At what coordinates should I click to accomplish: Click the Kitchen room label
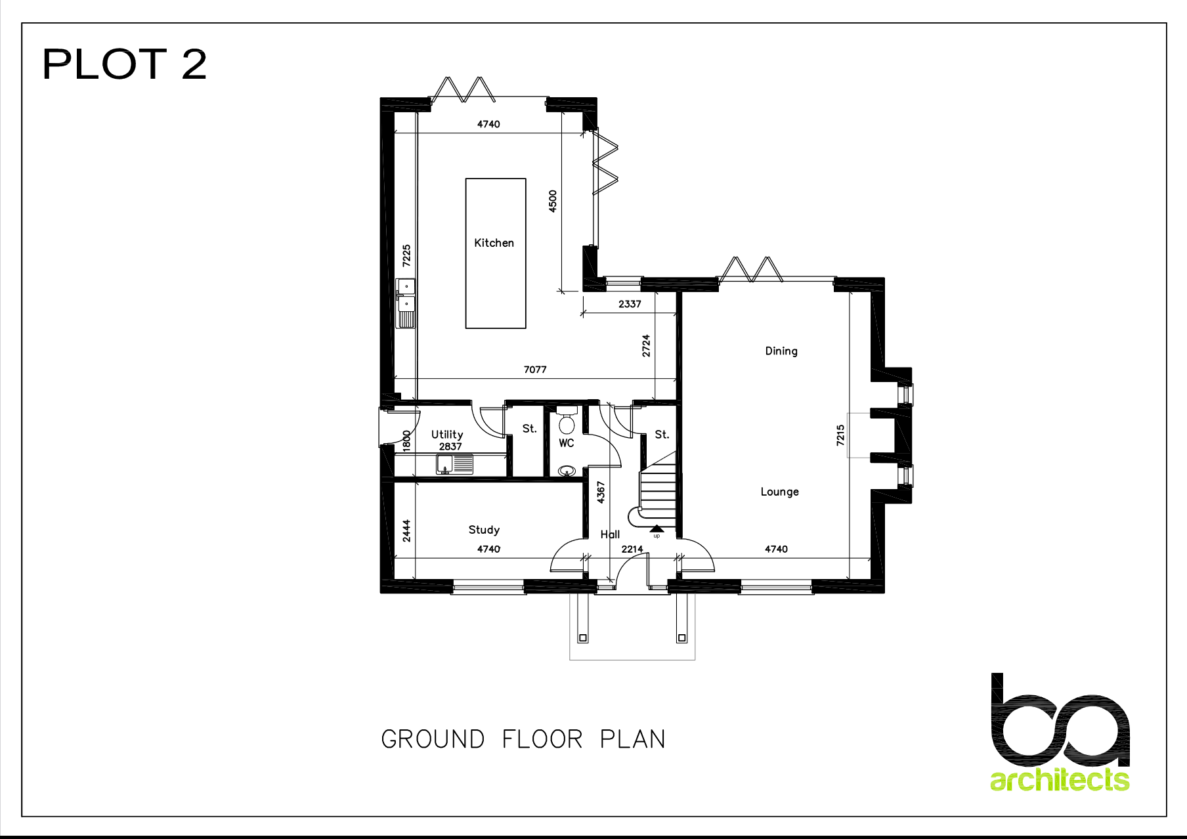494,243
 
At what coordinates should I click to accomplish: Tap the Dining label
781,351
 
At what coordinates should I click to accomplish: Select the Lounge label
780,492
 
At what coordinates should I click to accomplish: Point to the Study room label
484,530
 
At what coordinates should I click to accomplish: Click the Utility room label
447,435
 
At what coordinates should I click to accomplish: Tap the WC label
567,443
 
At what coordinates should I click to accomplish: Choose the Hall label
610,534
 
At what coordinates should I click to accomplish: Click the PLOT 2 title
125,64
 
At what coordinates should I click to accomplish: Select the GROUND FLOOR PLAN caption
523,739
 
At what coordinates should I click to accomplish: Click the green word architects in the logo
1060,779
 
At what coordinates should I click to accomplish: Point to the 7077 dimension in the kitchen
535,370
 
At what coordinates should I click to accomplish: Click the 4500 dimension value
553,201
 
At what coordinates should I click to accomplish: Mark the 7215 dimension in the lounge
840,435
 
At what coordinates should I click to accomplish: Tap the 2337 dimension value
630,304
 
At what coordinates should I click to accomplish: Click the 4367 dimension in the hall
601,492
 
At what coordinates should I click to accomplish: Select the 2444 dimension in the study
407,530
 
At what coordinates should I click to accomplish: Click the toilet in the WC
567,420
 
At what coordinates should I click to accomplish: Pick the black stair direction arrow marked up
657,528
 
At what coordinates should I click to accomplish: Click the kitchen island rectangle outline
466,253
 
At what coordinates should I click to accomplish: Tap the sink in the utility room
454,463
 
